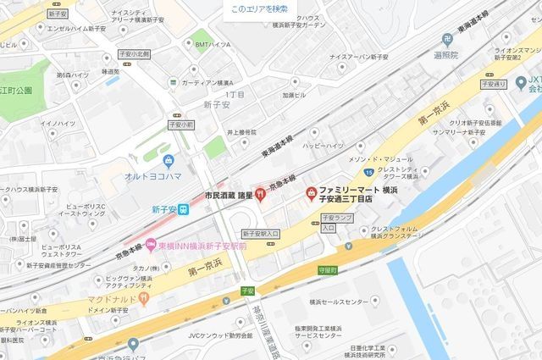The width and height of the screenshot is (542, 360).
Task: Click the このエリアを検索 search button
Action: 259,9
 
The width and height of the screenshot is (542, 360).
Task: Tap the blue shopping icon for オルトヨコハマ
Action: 169,159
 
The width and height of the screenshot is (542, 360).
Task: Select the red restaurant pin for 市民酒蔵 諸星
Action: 260,194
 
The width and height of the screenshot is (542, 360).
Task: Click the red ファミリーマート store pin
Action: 312,194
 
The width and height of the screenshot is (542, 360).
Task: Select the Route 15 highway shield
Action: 370,172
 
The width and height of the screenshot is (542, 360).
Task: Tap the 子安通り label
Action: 493,86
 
